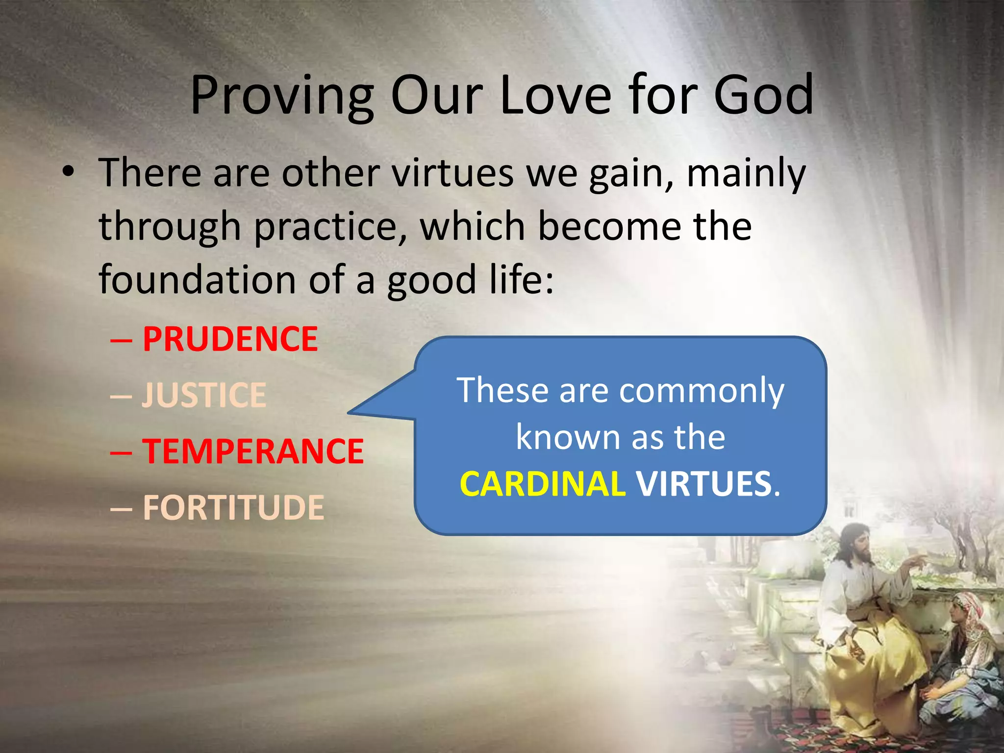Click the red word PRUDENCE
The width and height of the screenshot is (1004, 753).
click(x=230, y=339)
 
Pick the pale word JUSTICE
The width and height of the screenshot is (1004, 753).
click(x=204, y=395)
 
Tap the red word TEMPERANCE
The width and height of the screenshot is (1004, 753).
click(x=253, y=451)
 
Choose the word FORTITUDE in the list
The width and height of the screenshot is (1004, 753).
click(x=233, y=507)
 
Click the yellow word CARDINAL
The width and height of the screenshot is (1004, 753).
click(x=542, y=484)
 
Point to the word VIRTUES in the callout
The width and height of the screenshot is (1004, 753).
click(x=704, y=484)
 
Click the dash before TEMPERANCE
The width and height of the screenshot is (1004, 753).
click(x=121, y=452)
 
